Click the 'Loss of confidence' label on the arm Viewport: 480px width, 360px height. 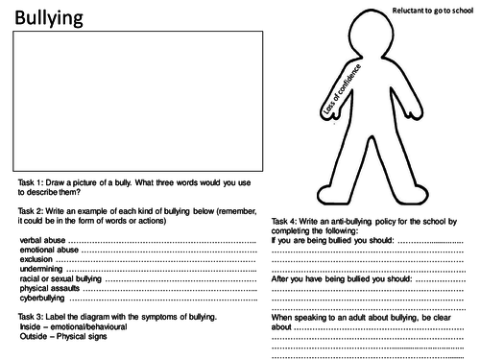click(337, 89)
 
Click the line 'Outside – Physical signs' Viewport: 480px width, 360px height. click(63, 336)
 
